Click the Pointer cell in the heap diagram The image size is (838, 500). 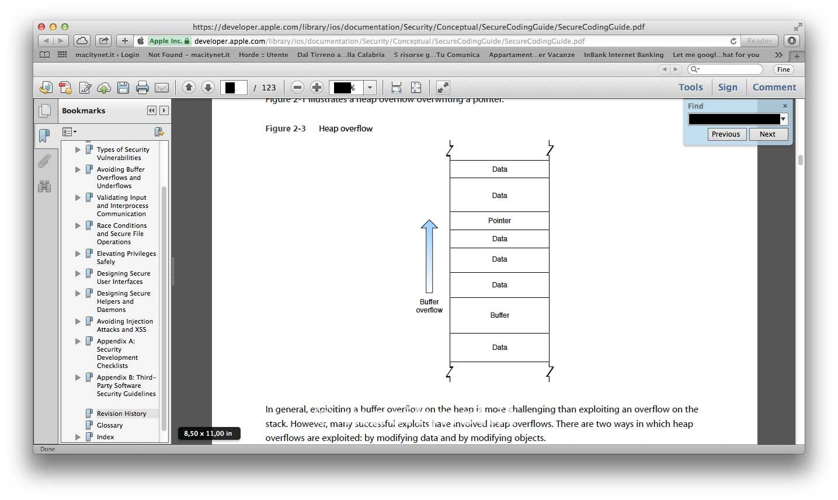pyautogui.click(x=499, y=221)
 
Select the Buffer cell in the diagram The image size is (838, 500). pyautogui.click(x=499, y=315)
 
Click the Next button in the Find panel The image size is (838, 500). pyautogui.click(x=767, y=134)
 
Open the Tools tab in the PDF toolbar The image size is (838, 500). pyautogui.click(x=690, y=87)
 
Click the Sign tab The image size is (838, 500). pyautogui.click(x=728, y=87)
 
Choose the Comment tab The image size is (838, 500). pyautogui.click(x=774, y=87)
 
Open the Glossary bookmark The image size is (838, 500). pyautogui.click(x=110, y=425)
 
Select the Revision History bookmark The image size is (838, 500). pyautogui.click(x=121, y=414)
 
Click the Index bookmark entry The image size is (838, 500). pyautogui.click(x=106, y=437)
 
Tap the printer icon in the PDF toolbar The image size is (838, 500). pyautogui.click(x=142, y=88)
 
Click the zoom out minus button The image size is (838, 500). pyautogui.click(x=297, y=88)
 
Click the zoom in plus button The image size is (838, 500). pyautogui.click(x=317, y=88)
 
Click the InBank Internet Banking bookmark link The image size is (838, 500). pyautogui.click(x=623, y=55)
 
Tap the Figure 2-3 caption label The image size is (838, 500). pyautogui.click(x=286, y=129)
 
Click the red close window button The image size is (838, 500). pyautogui.click(x=41, y=27)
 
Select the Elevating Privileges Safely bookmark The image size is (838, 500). pyautogui.click(x=126, y=258)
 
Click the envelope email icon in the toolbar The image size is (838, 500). pyautogui.click(x=162, y=88)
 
